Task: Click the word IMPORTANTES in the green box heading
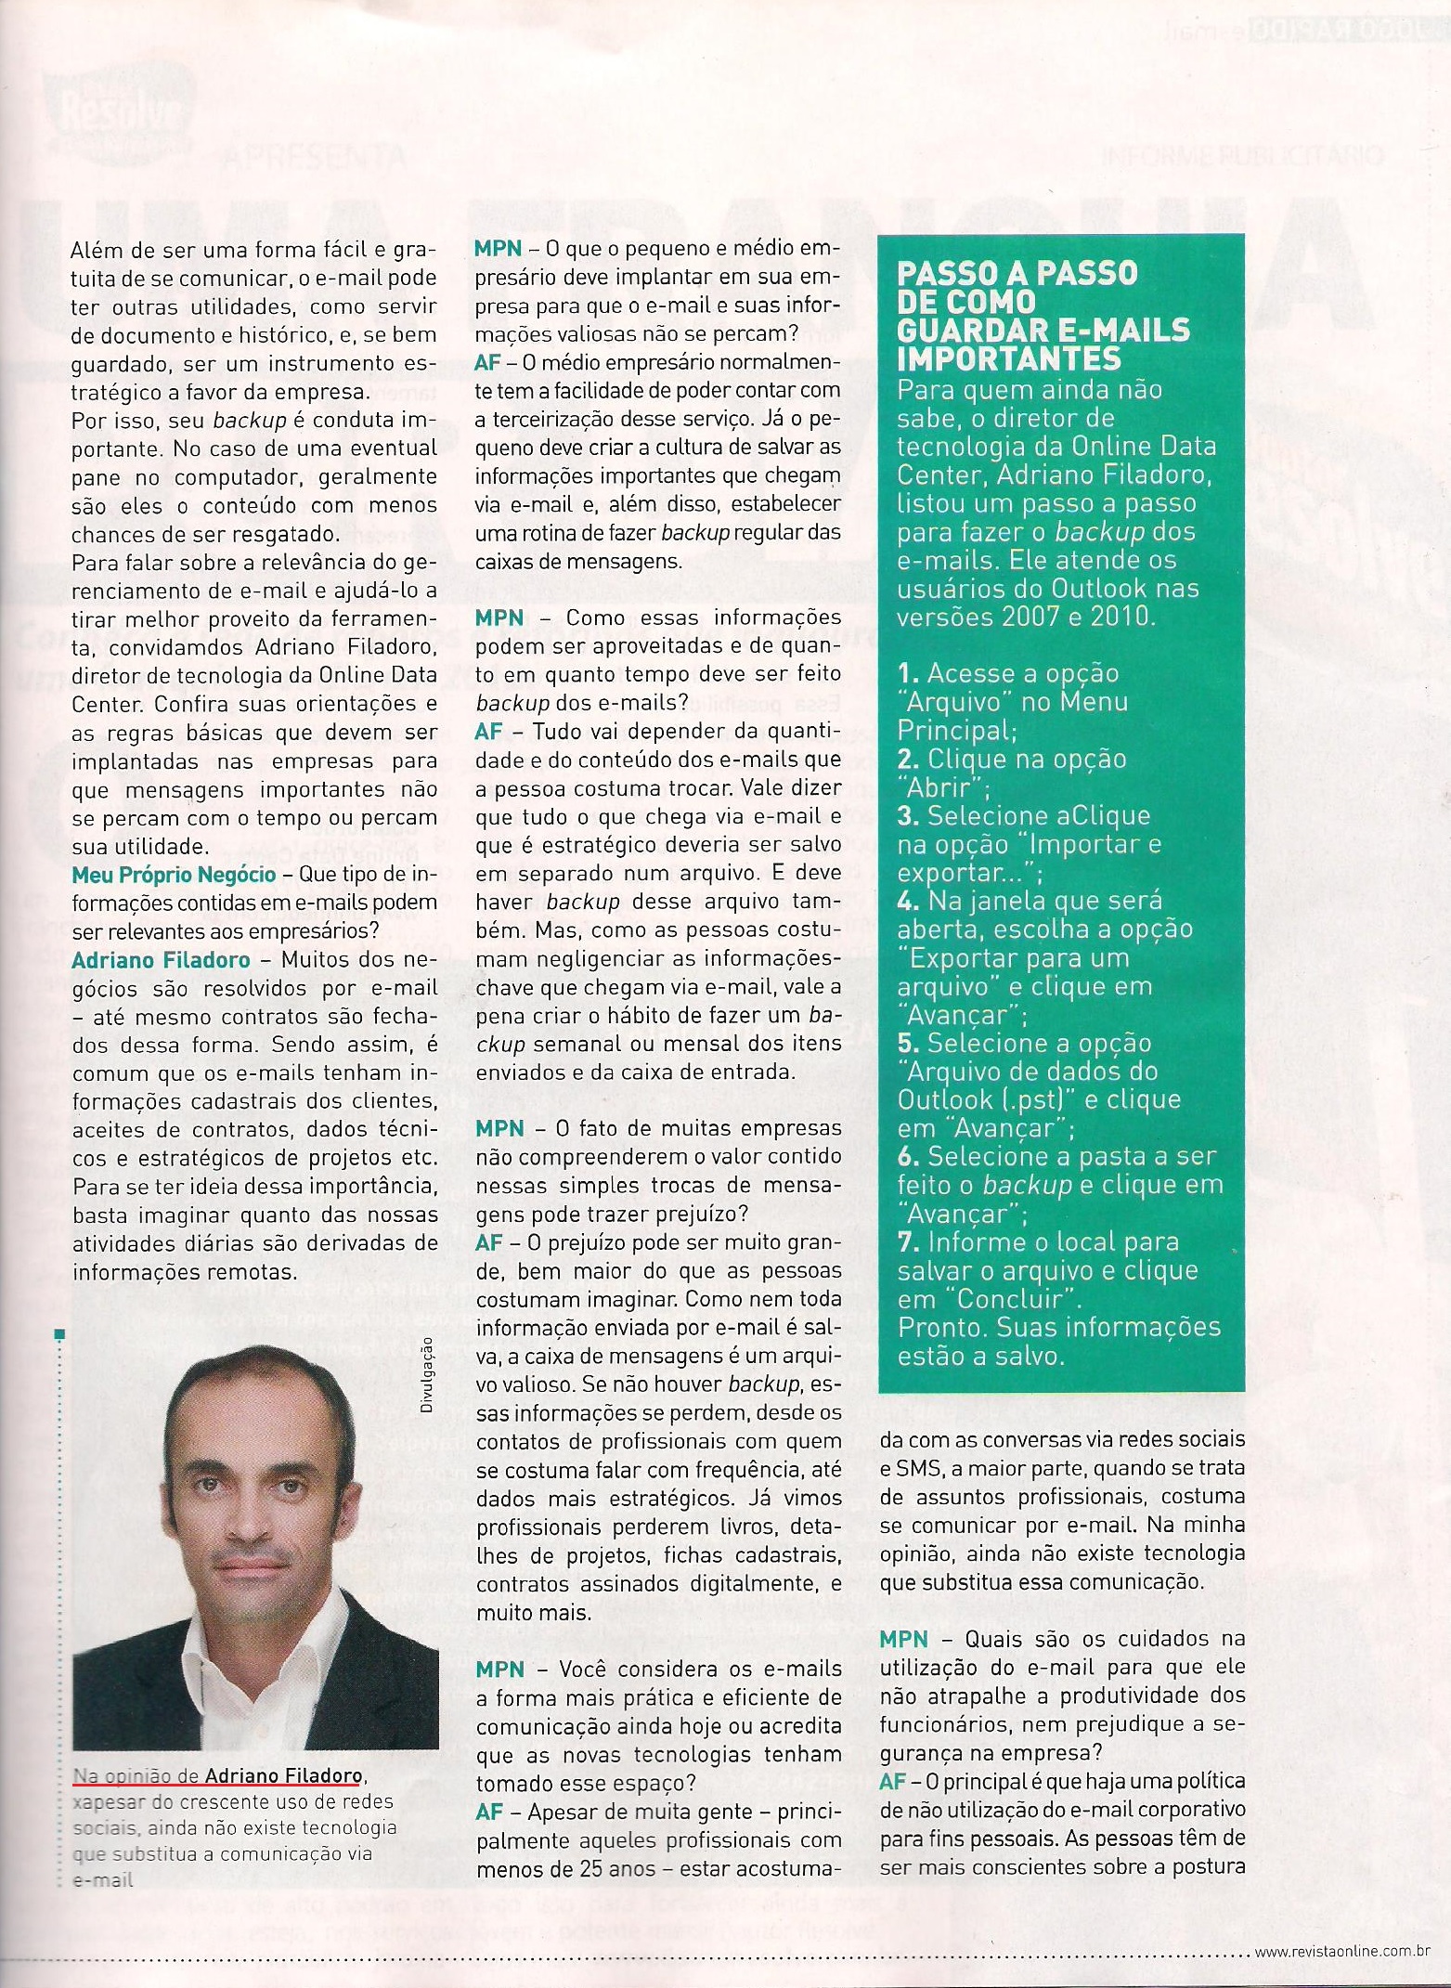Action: (1009, 358)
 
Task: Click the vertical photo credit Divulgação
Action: (428, 1375)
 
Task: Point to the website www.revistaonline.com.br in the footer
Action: (1341, 1951)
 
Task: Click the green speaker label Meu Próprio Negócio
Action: (174, 875)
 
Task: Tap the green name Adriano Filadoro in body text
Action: (161, 959)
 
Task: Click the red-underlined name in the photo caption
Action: (283, 1775)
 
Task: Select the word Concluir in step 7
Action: (1015, 1298)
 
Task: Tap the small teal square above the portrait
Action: (60, 1335)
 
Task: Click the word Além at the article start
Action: (94, 250)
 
